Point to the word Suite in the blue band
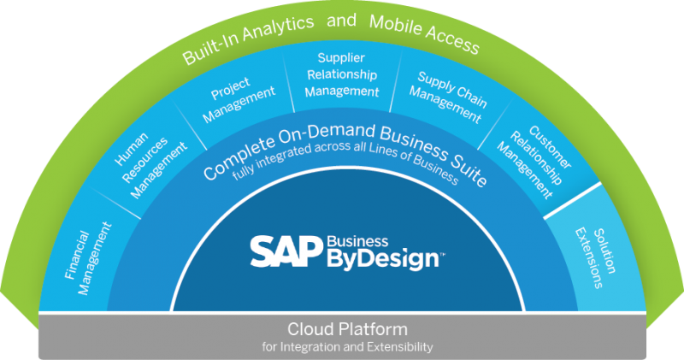click(469, 175)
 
